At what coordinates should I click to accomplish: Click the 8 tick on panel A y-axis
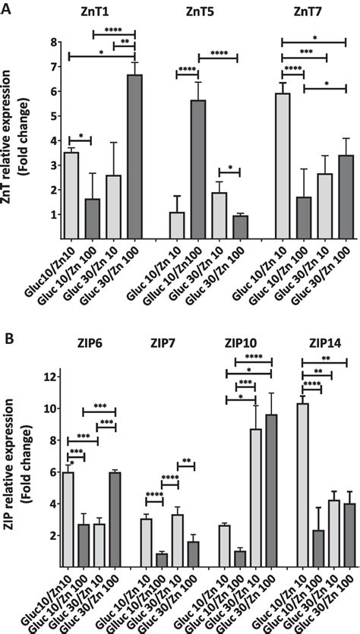click(x=54, y=41)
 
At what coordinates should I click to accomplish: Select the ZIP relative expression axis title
click(x=17, y=470)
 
